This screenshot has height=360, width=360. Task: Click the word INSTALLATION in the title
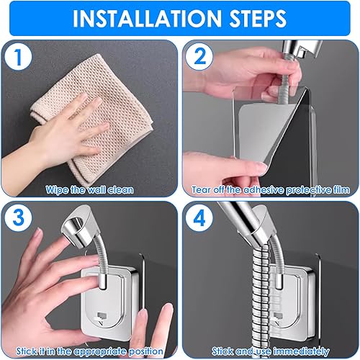pos(147,19)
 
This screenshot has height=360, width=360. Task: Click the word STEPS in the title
pos(258,19)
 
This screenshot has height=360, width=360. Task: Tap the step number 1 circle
pos(18,56)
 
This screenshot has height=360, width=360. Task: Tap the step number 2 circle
pos(199,56)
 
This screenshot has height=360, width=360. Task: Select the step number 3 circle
pos(18,217)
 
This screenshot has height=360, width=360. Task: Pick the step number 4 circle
pos(199,217)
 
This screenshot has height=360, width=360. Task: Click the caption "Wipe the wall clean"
pos(89,190)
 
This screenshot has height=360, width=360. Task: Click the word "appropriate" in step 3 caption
pos(100,352)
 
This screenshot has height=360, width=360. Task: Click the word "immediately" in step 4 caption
pos(301,352)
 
